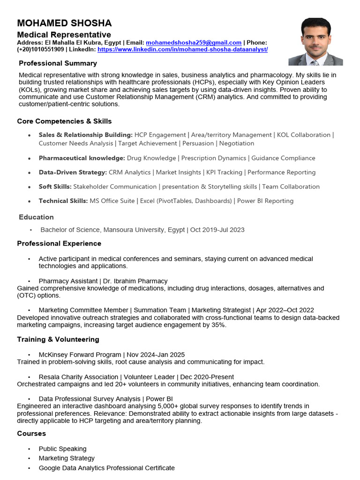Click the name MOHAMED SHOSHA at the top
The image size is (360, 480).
pos(64,23)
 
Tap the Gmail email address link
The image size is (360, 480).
pos(194,42)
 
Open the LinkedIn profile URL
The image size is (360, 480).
pos(183,49)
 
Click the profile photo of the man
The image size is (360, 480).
pos(315,42)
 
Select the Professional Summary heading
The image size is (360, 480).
pos(58,63)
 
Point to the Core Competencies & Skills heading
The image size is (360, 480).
pos(64,121)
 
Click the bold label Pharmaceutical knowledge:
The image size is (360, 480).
pos(82,158)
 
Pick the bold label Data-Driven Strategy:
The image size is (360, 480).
pos(73,172)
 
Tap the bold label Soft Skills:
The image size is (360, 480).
pos(55,187)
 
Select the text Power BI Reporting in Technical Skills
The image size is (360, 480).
pos(265,201)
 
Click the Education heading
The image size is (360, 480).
pos(36,217)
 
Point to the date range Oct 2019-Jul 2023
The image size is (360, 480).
pos(217,230)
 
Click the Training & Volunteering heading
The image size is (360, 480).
pos(58,339)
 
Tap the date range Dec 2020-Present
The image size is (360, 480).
pos(207,377)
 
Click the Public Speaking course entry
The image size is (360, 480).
pos(62,449)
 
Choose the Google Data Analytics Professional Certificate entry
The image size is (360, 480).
pos(106,468)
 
